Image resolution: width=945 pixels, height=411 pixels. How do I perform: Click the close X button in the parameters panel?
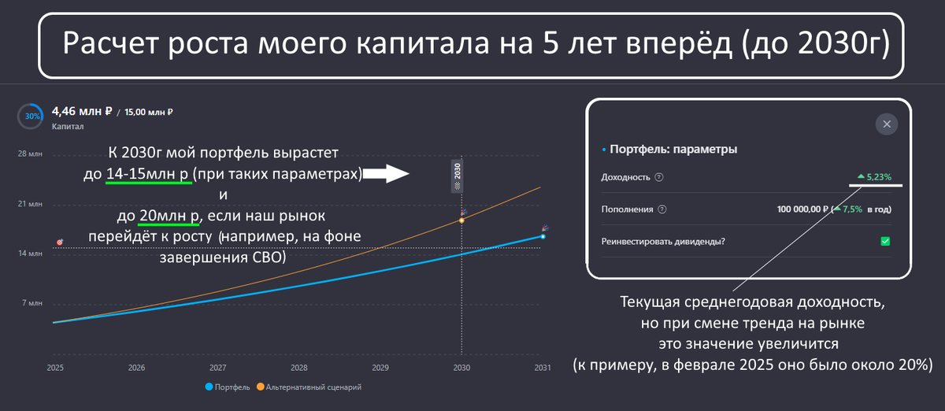point(887,124)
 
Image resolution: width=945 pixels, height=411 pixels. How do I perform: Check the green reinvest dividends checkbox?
point(885,242)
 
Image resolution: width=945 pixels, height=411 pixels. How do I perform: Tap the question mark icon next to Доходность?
point(658,177)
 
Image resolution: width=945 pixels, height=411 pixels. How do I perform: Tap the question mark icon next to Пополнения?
point(662,209)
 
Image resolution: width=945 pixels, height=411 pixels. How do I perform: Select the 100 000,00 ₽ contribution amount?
point(802,209)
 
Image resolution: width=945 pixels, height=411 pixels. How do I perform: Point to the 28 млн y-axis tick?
point(30,154)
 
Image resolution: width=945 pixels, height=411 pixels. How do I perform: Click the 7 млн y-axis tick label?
point(32,303)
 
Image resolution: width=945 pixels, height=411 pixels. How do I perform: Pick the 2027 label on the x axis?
point(217,368)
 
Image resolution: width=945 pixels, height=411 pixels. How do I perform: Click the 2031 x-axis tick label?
point(543,368)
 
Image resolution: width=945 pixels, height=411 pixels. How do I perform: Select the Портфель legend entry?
point(228,387)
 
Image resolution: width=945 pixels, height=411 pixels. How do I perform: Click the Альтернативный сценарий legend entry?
point(309,387)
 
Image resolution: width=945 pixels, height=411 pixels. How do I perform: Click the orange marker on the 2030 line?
point(461,220)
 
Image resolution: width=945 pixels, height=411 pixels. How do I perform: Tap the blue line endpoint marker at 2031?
point(543,237)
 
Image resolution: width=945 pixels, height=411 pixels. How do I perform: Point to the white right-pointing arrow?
point(386,173)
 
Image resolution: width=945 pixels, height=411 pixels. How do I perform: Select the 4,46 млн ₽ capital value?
point(82,111)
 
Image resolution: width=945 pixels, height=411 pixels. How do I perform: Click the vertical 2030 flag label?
point(457,176)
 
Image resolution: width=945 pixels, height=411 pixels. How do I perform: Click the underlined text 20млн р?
point(169,216)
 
